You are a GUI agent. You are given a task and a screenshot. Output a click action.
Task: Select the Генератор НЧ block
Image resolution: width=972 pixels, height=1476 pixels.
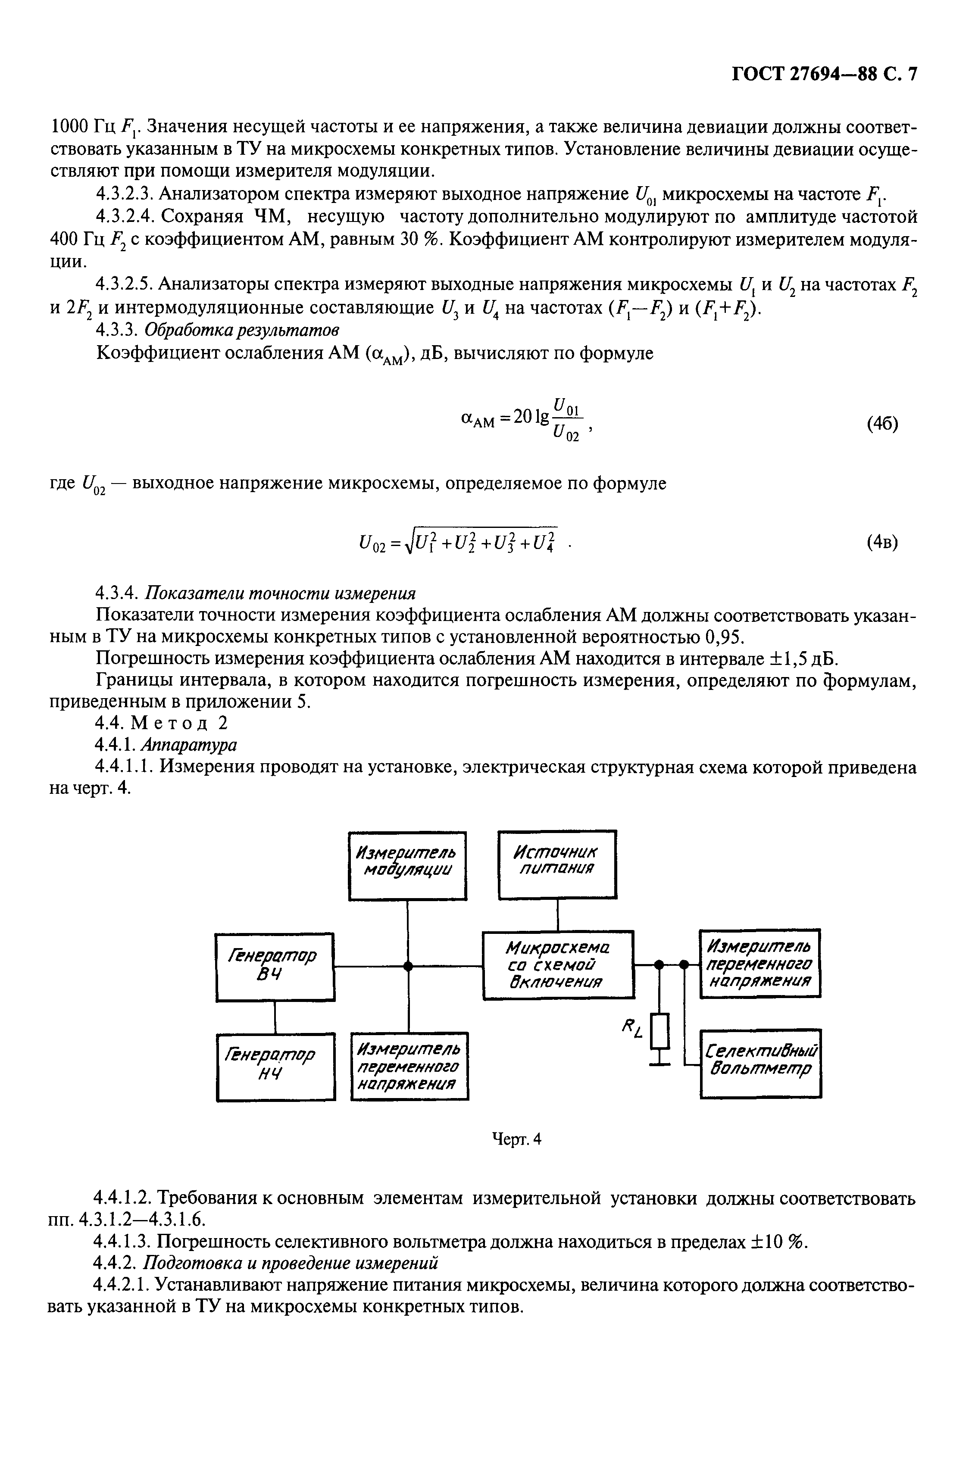[x=276, y=1066]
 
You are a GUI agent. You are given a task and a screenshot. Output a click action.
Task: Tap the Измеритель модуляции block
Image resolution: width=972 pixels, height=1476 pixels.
[x=407, y=865]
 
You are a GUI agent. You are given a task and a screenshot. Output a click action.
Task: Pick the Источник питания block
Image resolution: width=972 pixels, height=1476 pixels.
[x=556, y=864]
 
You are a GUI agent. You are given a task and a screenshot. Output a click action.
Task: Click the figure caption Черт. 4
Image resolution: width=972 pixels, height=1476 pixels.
[x=517, y=1139]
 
